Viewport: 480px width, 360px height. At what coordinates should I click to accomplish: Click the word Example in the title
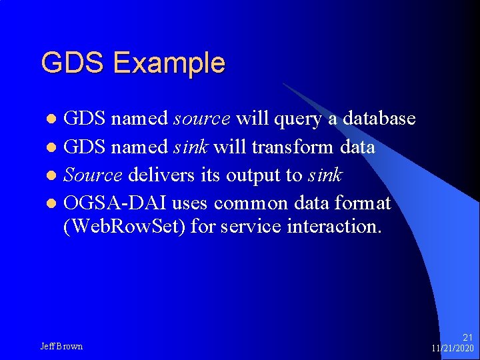coord(169,64)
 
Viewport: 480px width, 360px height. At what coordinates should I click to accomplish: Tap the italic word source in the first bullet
coord(202,119)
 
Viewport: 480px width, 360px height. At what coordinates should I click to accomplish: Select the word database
coord(379,119)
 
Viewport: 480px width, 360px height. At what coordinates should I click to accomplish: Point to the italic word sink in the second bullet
coord(191,147)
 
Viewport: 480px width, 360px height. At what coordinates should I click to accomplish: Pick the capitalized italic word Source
coord(93,175)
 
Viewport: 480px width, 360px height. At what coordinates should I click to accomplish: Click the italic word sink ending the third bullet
coord(325,175)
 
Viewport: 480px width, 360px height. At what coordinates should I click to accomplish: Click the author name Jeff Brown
coord(61,346)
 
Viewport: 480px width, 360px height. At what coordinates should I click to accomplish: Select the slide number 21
coord(467,338)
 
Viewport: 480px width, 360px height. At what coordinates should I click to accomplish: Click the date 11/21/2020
coord(453,349)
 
